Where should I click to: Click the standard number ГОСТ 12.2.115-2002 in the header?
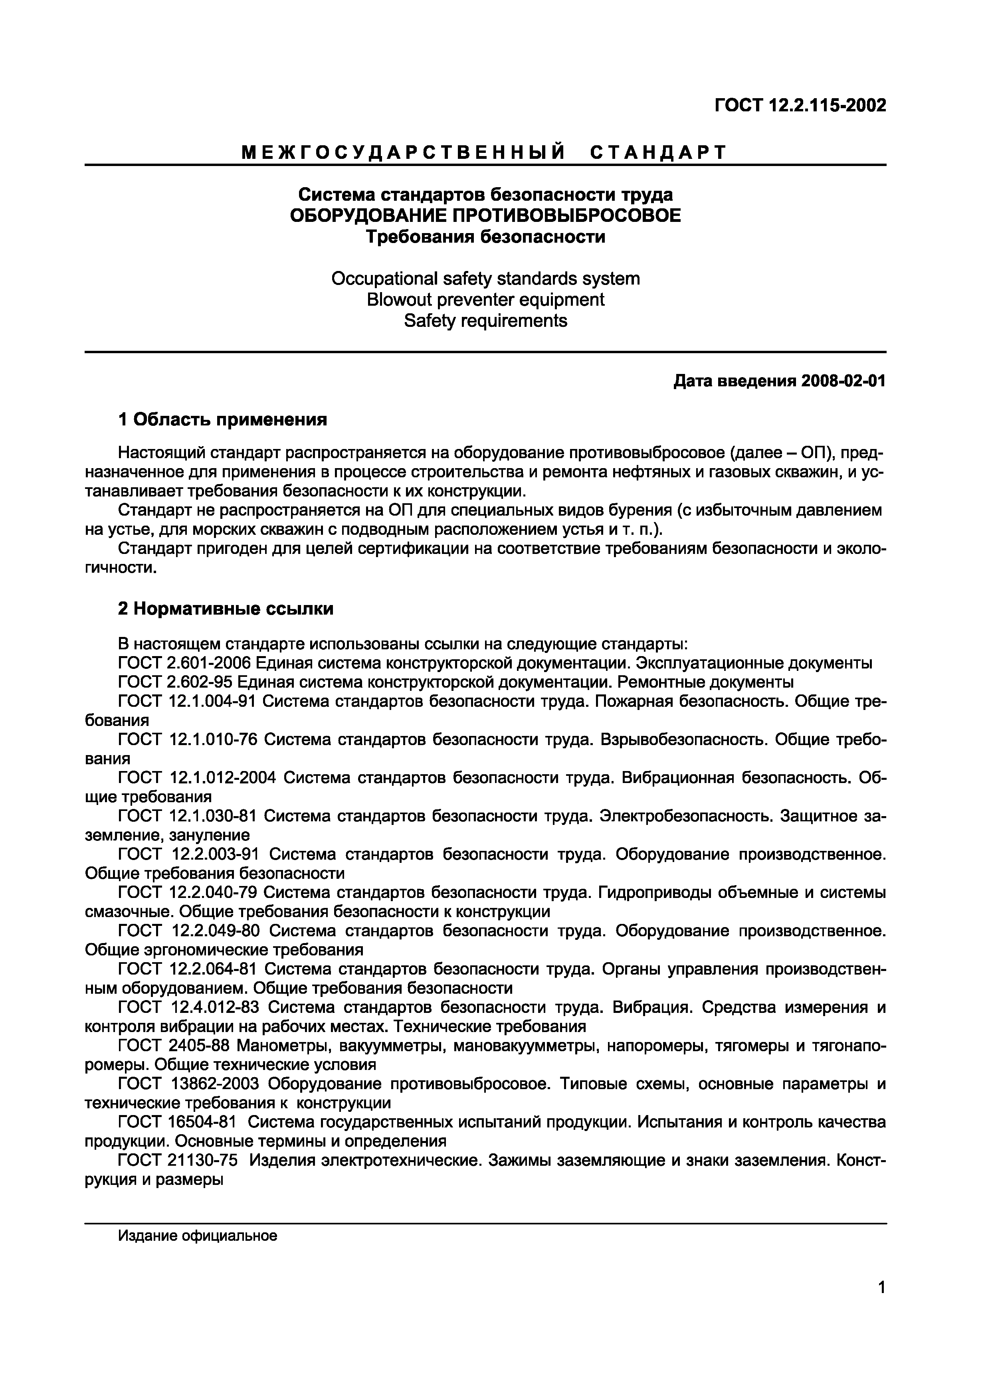[800, 105]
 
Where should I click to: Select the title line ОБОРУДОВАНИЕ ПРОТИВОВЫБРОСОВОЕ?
[485, 216]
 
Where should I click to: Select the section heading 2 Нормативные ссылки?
[225, 609]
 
